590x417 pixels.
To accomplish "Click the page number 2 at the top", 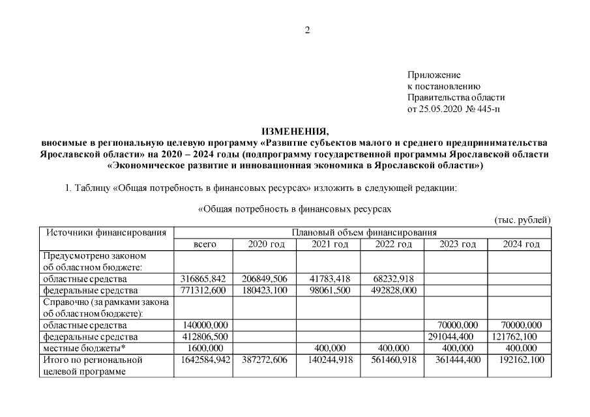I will [x=307, y=29].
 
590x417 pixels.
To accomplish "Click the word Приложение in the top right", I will [x=434, y=75].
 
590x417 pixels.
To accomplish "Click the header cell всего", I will [x=204, y=244].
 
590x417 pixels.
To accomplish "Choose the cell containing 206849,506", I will [x=266, y=278].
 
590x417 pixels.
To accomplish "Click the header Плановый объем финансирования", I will [x=364, y=232].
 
